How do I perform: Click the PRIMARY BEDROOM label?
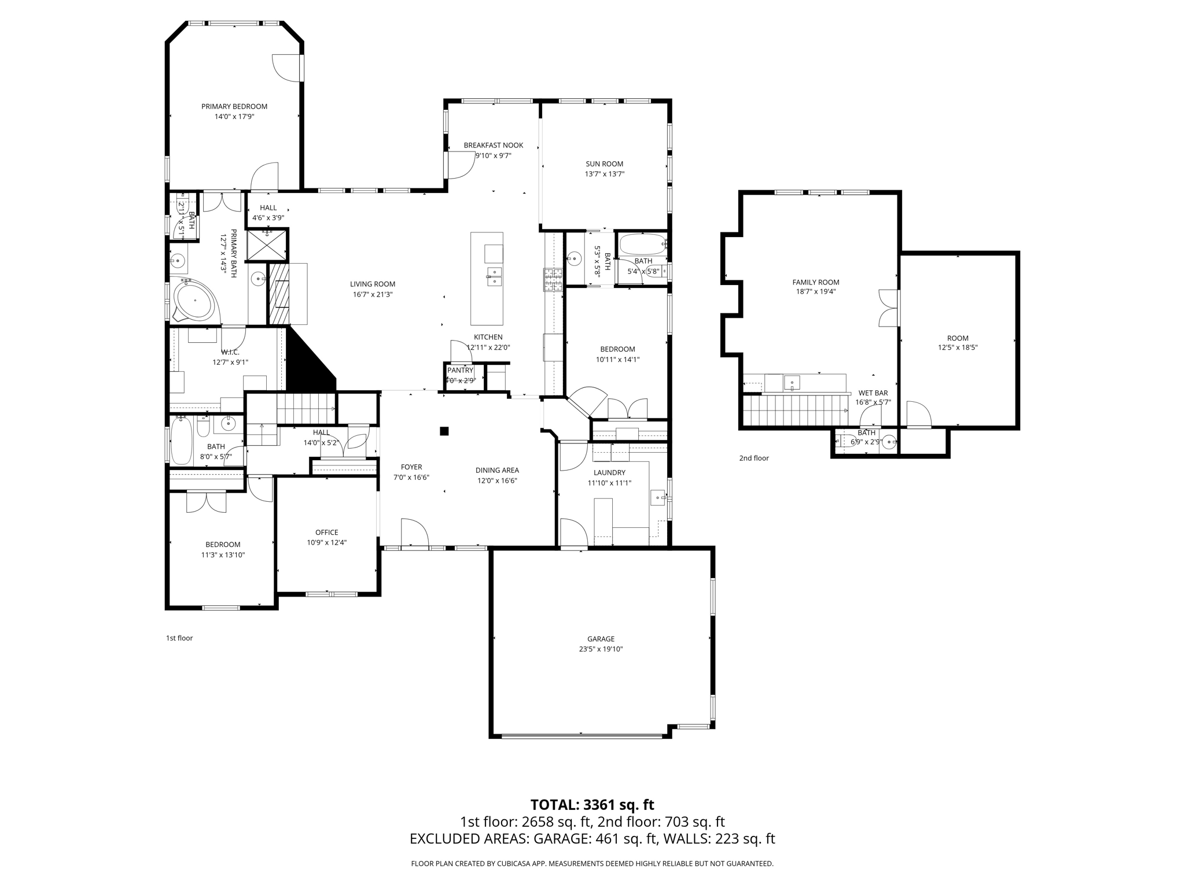234,106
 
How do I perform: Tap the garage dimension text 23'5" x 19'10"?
601,649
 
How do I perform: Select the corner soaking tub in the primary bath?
194,301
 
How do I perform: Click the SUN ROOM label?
604,164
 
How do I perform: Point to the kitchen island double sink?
494,276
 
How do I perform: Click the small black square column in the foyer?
444,431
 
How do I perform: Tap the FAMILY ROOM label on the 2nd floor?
815,282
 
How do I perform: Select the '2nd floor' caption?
753,458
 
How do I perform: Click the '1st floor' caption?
179,638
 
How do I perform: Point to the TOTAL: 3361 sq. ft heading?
592,805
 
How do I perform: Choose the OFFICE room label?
326,532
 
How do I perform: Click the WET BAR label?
873,393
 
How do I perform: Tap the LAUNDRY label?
609,472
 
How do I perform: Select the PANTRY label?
460,370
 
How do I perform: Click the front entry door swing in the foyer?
413,532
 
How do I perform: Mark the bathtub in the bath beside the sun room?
643,245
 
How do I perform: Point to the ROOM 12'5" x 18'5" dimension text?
957,348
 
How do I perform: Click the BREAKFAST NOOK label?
493,145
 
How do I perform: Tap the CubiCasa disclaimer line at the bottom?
592,864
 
